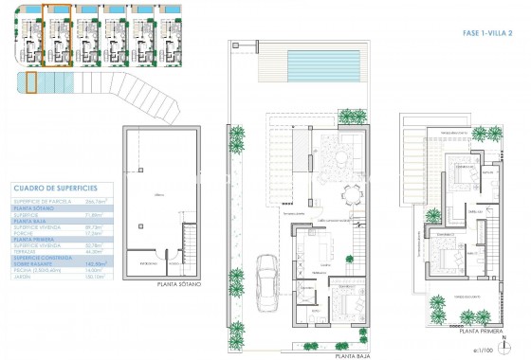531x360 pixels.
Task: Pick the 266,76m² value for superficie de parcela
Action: point(95,201)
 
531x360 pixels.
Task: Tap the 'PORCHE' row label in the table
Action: point(24,232)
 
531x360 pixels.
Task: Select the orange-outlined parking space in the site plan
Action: point(30,83)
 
